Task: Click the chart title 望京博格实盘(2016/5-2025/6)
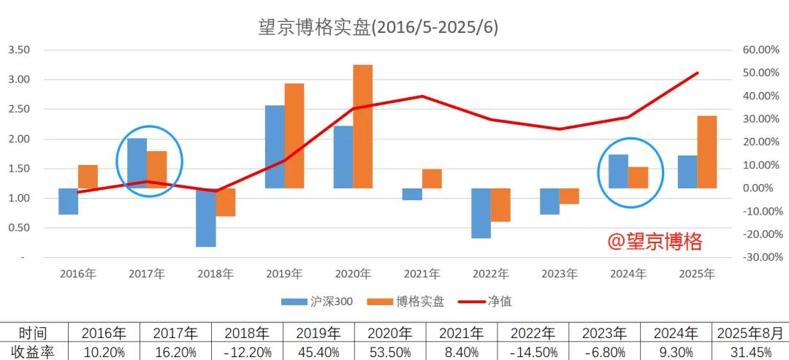click(378, 27)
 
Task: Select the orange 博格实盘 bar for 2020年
click(363, 126)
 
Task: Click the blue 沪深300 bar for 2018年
click(206, 218)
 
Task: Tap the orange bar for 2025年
click(707, 152)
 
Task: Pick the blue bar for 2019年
click(275, 147)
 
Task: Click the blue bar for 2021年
click(412, 194)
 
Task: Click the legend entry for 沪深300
click(317, 301)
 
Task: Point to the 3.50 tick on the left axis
click(19, 50)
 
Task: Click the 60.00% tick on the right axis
click(761, 50)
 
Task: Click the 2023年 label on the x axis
click(559, 274)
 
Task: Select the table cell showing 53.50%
click(388, 352)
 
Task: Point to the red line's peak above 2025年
click(698, 73)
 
